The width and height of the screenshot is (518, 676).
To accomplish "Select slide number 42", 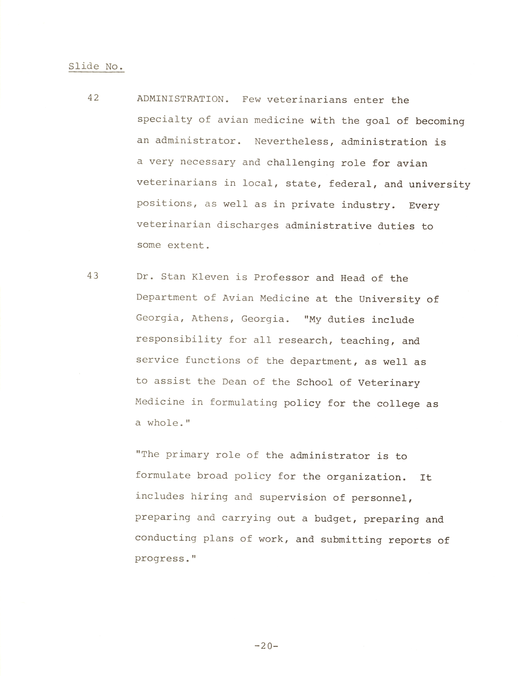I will (93, 98).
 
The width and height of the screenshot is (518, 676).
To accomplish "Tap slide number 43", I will (93, 276).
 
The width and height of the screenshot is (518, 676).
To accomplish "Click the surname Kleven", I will (210, 277).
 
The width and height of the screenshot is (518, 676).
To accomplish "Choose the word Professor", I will (281, 278).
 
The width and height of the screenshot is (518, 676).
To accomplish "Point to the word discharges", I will (248, 225).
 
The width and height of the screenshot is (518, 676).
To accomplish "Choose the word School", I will (315, 383).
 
